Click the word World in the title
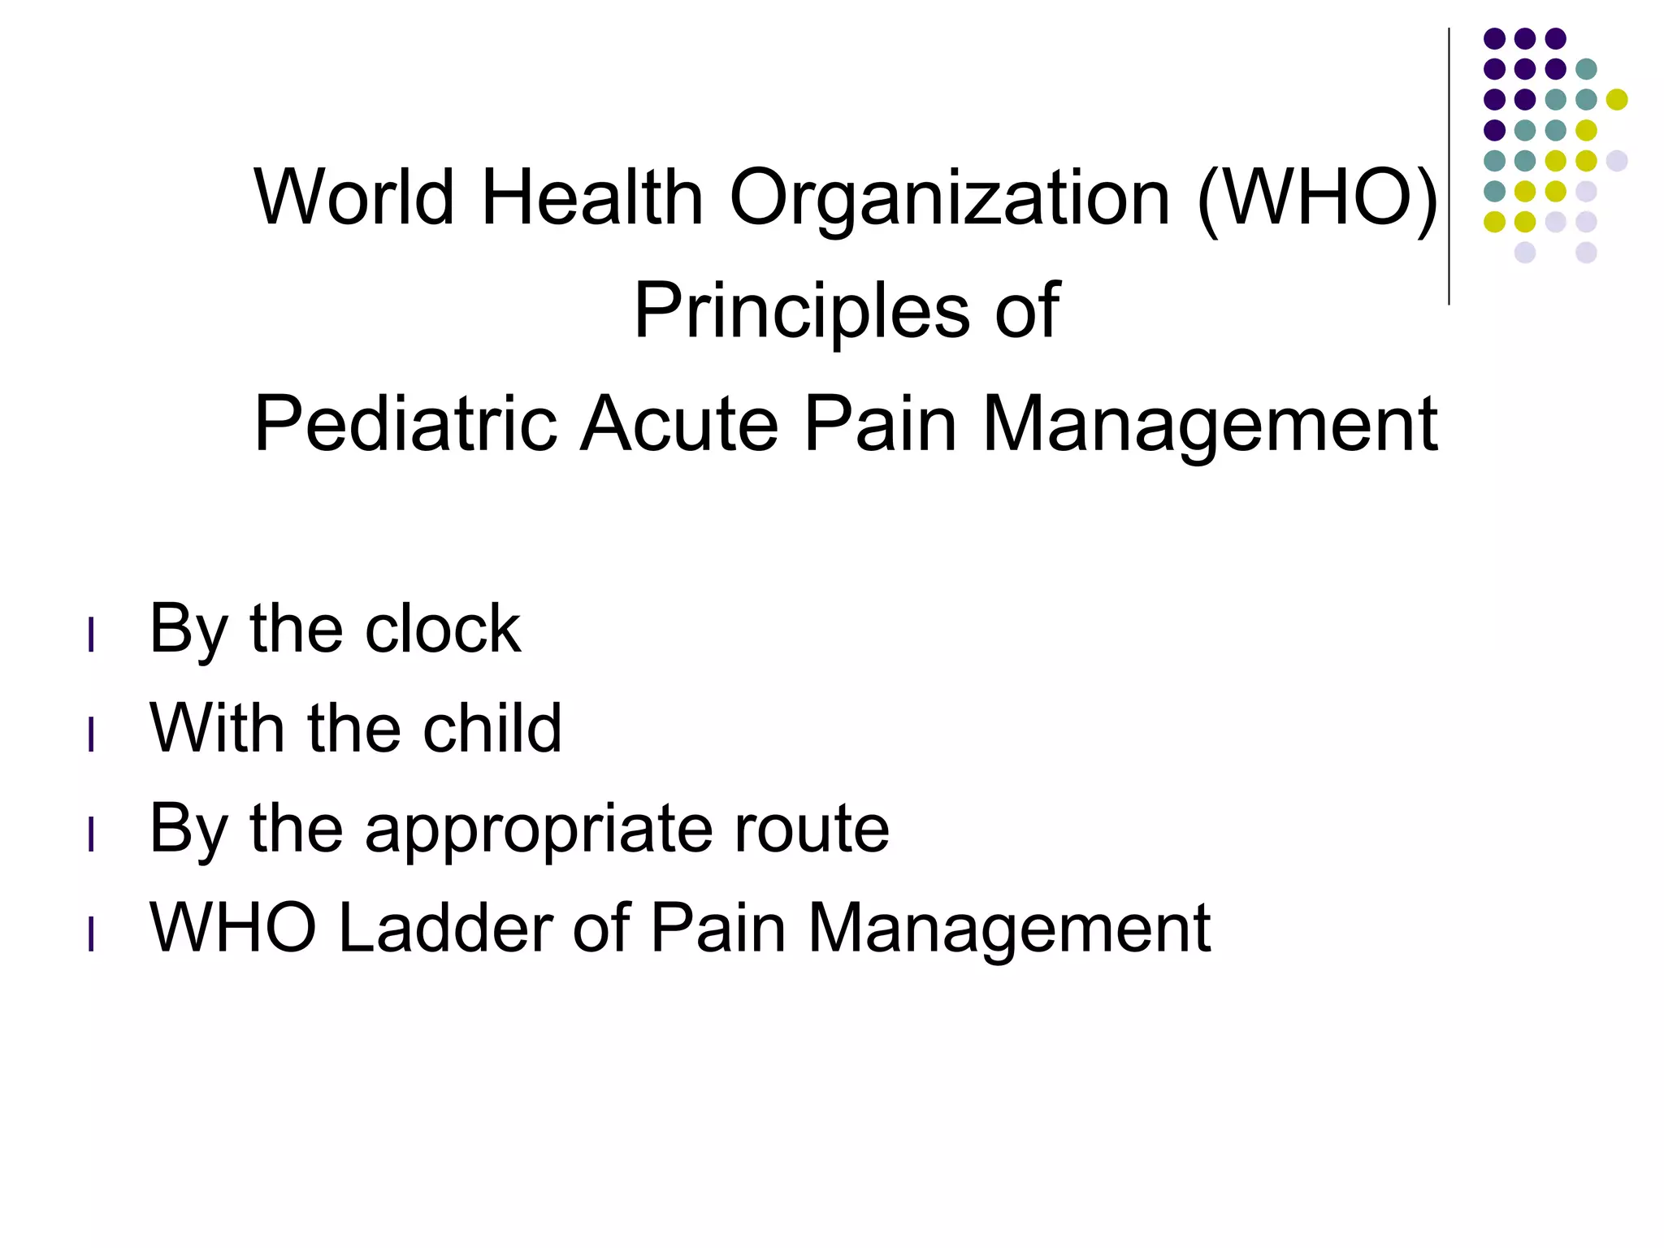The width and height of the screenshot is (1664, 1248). tap(354, 197)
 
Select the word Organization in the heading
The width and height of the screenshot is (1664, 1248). tap(950, 199)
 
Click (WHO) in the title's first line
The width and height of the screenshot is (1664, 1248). tap(1317, 199)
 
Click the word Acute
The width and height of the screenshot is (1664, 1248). tap(679, 424)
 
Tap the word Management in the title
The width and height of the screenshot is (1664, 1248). tap(1211, 424)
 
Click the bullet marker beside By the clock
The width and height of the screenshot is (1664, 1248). tap(91, 635)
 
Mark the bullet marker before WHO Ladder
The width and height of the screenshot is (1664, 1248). tap(91, 934)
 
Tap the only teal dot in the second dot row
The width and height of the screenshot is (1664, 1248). tap(1586, 69)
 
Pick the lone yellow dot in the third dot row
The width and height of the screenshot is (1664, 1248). tap(1617, 99)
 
